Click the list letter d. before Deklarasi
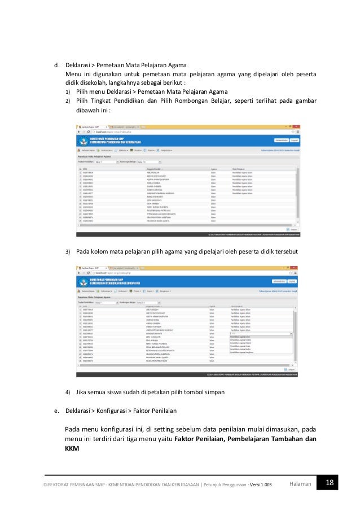57,65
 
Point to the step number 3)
68,251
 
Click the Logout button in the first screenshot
294,138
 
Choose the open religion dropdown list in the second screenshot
261,344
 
